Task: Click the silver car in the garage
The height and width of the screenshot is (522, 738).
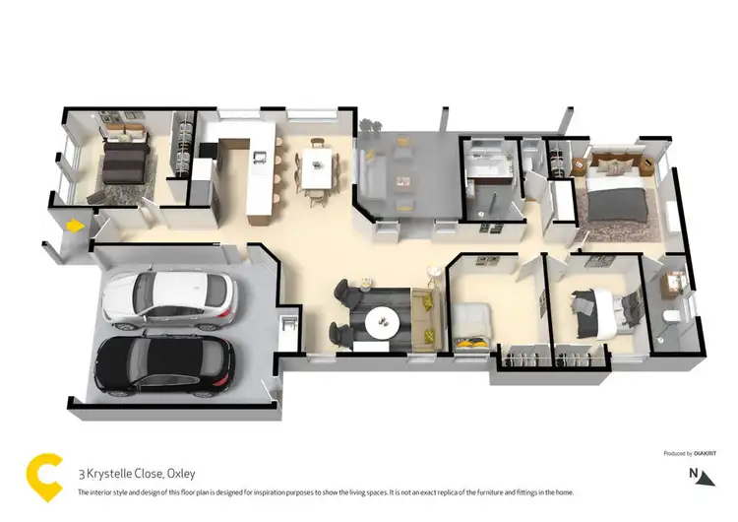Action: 169,299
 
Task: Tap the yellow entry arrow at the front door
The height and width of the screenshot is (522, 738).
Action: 72,227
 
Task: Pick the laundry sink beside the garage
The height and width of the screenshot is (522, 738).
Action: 289,322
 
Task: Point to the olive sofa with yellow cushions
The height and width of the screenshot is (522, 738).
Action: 429,315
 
